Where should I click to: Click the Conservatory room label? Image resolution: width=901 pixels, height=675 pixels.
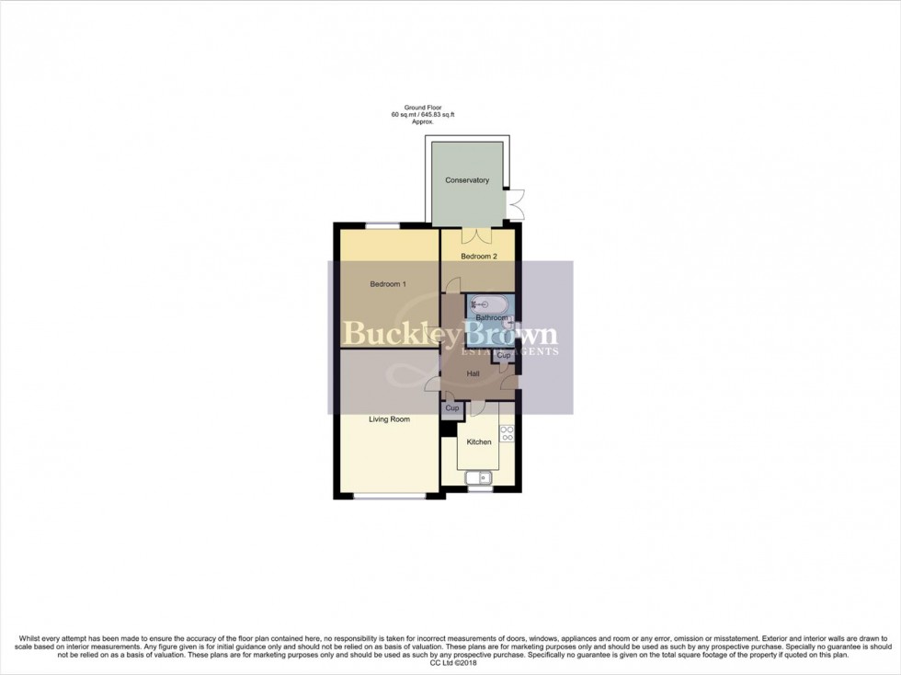pyautogui.click(x=467, y=180)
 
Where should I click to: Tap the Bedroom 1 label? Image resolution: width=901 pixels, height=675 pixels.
pyautogui.click(x=387, y=284)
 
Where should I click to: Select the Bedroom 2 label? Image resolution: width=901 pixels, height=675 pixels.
pyautogui.click(x=479, y=257)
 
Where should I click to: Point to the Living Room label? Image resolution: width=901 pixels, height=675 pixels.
pyautogui.click(x=389, y=419)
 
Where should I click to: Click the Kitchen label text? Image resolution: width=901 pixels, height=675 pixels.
pyautogui.click(x=479, y=442)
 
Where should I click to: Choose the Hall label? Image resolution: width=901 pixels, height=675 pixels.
pyautogui.click(x=473, y=374)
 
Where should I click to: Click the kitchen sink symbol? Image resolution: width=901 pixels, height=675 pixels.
pyautogui.click(x=479, y=477)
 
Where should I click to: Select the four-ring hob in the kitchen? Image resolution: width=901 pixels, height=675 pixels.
pyautogui.click(x=506, y=433)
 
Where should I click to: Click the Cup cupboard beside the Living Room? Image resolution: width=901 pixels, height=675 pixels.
pyautogui.click(x=451, y=408)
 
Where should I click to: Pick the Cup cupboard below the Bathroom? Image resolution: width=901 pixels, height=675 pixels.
pyautogui.click(x=503, y=355)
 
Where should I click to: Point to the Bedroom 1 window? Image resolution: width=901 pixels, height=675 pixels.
pyautogui.click(x=382, y=225)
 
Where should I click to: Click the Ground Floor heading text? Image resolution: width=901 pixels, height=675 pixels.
pyautogui.click(x=423, y=108)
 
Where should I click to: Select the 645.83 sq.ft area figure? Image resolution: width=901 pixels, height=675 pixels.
pyautogui.click(x=437, y=115)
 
